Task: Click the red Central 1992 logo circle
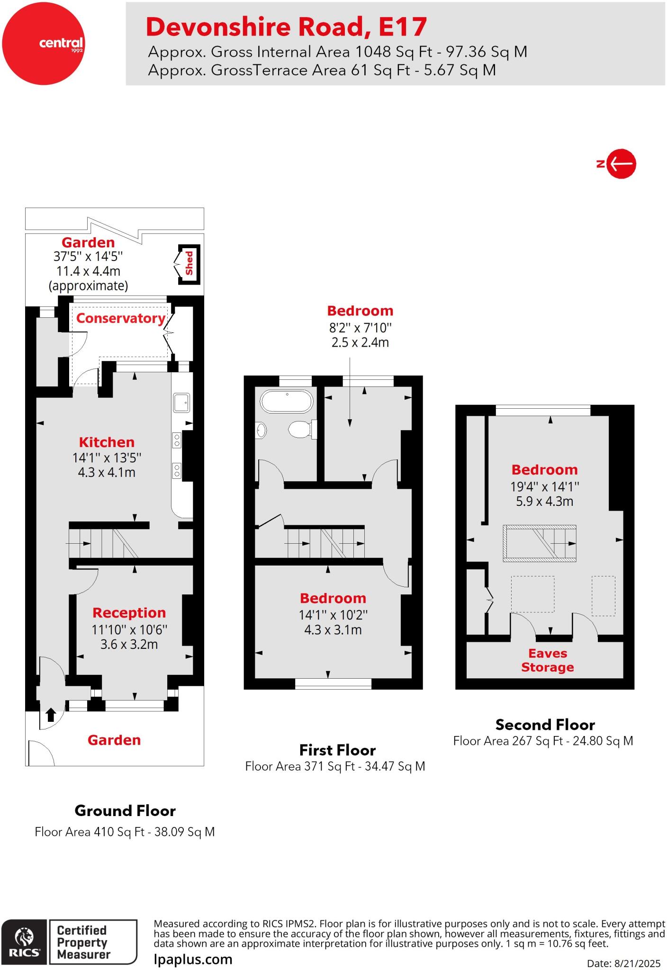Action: click(x=43, y=43)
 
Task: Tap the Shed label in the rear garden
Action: click(x=189, y=264)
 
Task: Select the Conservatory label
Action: click(x=121, y=318)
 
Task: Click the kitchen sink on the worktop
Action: click(x=181, y=403)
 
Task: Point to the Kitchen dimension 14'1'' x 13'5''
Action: click(x=107, y=458)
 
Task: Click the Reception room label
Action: click(x=129, y=613)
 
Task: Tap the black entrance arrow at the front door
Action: click(x=50, y=714)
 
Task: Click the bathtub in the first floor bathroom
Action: click(x=287, y=402)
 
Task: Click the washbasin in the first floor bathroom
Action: click(x=261, y=430)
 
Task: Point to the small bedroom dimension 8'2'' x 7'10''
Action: click(x=360, y=328)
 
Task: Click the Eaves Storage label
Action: click(x=548, y=660)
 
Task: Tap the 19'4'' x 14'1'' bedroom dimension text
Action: click(x=544, y=486)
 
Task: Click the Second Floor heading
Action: click(x=545, y=725)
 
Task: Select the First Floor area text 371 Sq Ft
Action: click(x=335, y=766)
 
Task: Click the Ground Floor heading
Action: click(x=125, y=811)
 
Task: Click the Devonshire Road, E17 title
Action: click(x=286, y=27)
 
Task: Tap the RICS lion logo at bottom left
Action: click(x=24, y=942)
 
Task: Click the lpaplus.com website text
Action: click(x=193, y=960)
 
